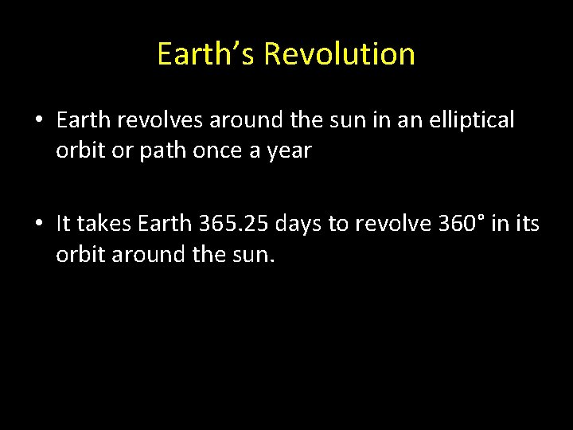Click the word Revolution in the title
(x=339, y=54)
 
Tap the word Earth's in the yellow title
(x=206, y=54)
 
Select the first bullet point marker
(x=38, y=122)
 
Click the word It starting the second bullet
(x=64, y=225)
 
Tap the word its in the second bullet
(x=526, y=225)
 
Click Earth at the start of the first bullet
(x=84, y=121)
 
